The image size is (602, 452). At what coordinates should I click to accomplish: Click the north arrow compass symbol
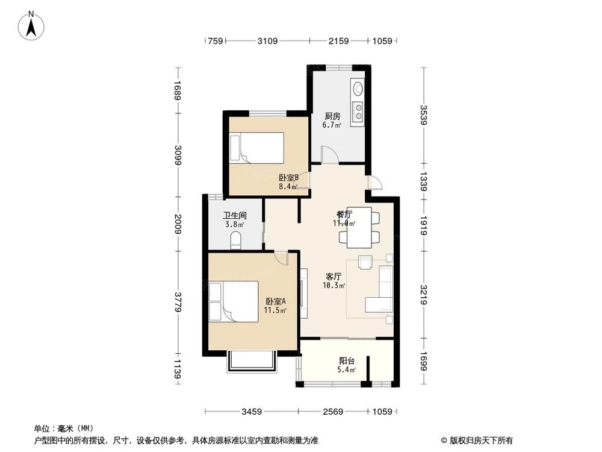[x=31, y=26]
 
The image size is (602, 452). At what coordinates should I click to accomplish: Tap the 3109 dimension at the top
[x=267, y=41]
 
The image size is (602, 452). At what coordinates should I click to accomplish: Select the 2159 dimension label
[x=338, y=41]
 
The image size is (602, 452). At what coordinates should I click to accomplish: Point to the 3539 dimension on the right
[x=423, y=115]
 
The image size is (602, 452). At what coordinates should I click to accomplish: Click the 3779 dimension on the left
[x=178, y=302]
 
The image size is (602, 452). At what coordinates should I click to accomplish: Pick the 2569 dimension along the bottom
[x=332, y=412]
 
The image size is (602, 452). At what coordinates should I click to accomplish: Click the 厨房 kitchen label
[x=332, y=116]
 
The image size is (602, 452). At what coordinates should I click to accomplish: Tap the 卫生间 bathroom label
[x=235, y=216]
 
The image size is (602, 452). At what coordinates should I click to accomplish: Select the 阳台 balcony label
[x=347, y=361]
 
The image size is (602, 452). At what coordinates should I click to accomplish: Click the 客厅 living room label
[x=334, y=277]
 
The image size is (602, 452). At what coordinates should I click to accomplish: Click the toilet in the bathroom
[x=236, y=240]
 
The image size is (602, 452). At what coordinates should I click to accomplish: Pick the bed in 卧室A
[x=234, y=301]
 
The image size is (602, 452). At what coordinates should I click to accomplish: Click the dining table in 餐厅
[x=359, y=228]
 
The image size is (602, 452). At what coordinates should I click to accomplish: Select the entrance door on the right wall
[x=374, y=183]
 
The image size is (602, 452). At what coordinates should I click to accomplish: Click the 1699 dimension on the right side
[x=423, y=362]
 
